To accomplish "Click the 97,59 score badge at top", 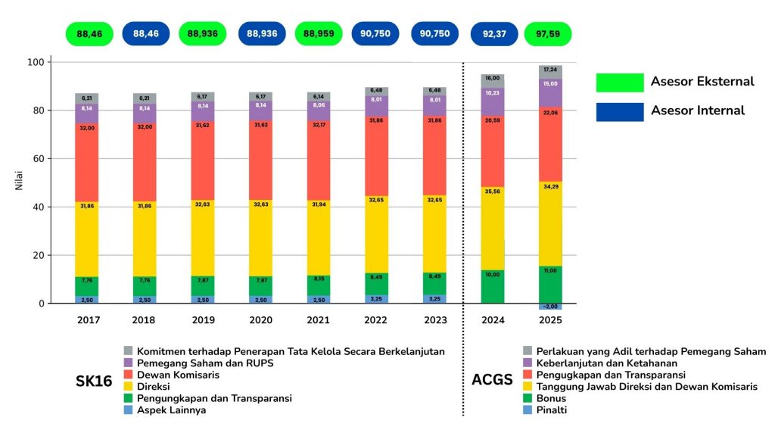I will (548, 34).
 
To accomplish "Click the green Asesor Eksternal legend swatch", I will (620, 83).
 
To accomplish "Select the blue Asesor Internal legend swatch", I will (620, 112).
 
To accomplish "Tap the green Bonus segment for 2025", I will (550, 285).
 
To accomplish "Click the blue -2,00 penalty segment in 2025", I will (550, 307).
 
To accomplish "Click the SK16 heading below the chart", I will (95, 380).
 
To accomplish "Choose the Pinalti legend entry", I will (551, 410).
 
